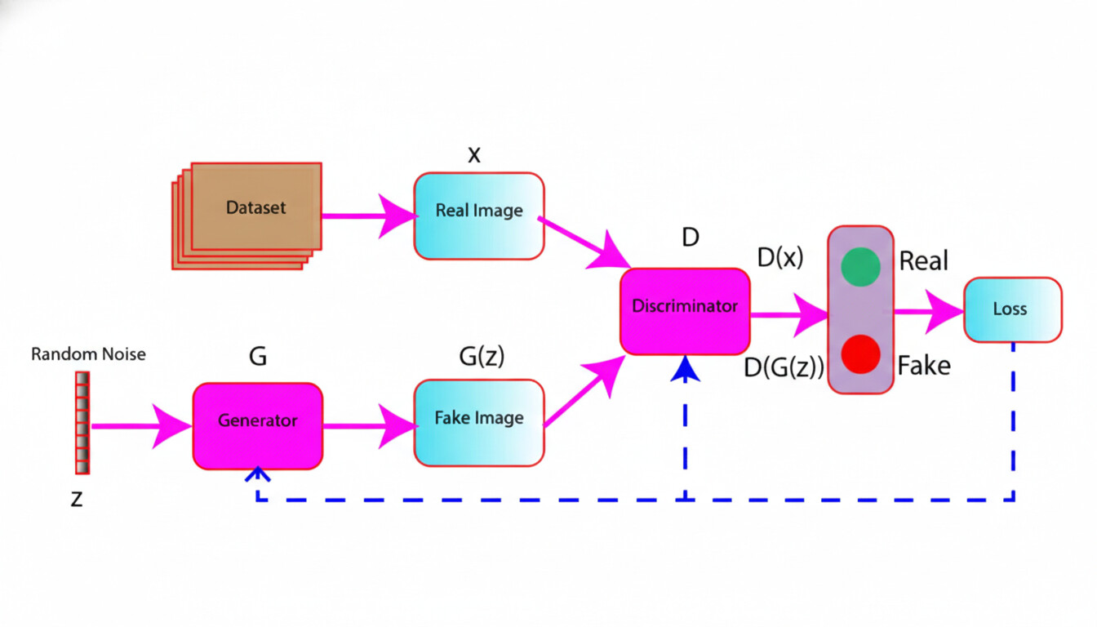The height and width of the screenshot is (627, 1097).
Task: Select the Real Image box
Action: (479, 216)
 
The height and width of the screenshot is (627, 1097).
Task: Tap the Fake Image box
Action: (479, 422)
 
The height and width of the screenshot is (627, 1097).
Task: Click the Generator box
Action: (258, 425)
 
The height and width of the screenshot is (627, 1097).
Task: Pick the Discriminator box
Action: (685, 311)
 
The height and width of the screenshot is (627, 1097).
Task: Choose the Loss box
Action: (1012, 309)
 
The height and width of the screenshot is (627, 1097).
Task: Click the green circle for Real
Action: (860, 266)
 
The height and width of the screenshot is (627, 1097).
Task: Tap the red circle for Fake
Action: (860, 354)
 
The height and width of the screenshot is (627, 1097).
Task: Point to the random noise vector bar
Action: (82, 422)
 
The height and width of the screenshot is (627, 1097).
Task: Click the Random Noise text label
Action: (88, 354)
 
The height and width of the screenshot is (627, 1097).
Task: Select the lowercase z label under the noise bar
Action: (77, 499)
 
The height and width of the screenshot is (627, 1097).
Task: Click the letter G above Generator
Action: (257, 357)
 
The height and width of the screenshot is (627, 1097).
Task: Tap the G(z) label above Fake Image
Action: (482, 357)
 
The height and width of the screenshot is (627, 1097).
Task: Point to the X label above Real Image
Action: (473, 155)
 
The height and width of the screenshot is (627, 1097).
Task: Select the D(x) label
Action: (779, 258)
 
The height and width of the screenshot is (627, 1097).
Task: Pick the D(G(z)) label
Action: (784, 368)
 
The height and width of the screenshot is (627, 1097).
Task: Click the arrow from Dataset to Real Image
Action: (367, 216)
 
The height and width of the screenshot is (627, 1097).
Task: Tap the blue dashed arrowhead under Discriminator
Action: (687, 371)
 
